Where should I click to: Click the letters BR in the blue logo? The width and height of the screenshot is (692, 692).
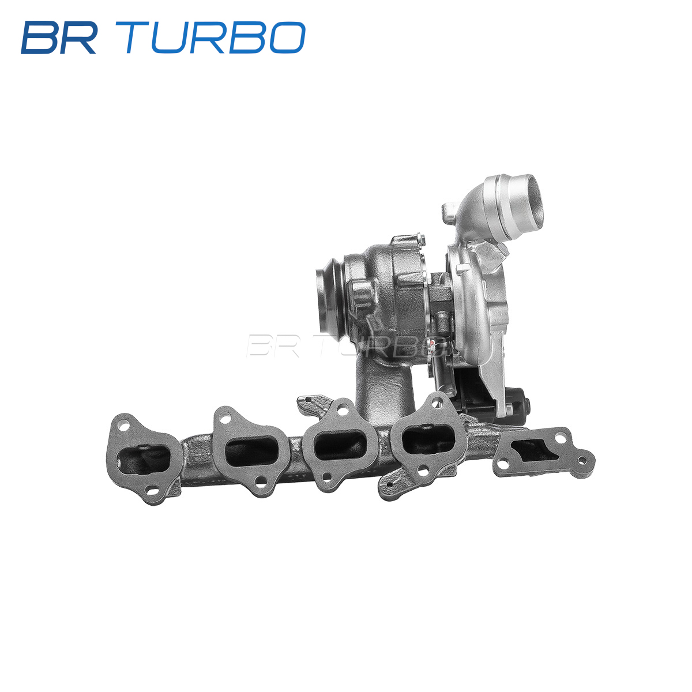pyautogui.click(x=59, y=37)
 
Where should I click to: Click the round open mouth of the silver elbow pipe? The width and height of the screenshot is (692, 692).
pyautogui.click(x=531, y=201)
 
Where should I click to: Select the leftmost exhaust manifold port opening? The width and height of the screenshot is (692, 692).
pyautogui.click(x=143, y=460)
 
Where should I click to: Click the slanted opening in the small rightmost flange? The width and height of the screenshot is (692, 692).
pyautogui.click(x=535, y=452)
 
